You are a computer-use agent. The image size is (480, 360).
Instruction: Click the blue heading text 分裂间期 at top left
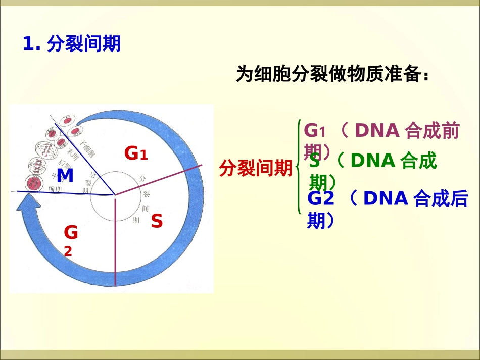click(83, 44)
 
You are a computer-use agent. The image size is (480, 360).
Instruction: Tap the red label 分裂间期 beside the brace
click(255, 168)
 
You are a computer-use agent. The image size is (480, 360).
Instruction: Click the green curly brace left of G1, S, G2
click(299, 167)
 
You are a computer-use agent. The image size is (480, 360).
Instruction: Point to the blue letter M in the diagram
click(65, 175)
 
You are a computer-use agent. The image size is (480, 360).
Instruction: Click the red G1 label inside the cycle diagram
click(136, 152)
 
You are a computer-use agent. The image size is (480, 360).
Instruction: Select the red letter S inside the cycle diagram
click(157, 221)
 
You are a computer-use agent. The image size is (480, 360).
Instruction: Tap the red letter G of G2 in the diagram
click(71, 233)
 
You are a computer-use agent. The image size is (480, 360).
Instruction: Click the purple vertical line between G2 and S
click(116, 242)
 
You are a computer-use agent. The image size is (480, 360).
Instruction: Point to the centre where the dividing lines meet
click(115, 195)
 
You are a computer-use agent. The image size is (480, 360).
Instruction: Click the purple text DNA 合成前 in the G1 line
click(407, 131)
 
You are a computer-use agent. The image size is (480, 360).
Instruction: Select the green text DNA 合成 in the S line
click(393, 161)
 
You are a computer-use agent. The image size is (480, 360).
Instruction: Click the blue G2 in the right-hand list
click(321, 199)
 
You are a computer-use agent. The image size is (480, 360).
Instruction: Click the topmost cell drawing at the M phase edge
click(68, 122)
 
